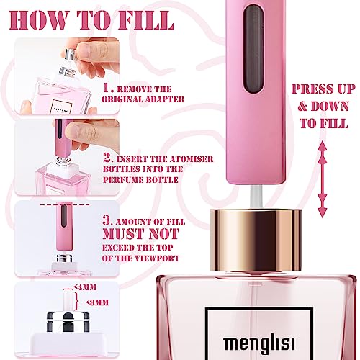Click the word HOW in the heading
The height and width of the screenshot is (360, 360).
coord(39,20)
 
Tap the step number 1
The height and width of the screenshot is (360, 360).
coord(108,88)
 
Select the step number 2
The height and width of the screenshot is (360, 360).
coord(108,158)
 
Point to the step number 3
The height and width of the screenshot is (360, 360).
coord(108,220)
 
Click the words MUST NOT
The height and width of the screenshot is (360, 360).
coord(141,234)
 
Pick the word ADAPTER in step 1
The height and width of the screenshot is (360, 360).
coord(165,99)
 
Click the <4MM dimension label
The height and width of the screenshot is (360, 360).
coord(85,287)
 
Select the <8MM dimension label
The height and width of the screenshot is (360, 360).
coord(97,302)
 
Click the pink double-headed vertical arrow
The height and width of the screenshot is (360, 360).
coord(323,179)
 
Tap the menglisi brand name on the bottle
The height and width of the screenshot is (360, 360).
coord(259,343)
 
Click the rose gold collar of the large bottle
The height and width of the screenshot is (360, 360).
coord(256,240)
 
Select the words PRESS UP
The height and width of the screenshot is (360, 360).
coord(324,89)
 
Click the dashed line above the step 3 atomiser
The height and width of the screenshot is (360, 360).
coord(65,204)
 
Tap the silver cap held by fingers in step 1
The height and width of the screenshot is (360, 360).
coord(71,54)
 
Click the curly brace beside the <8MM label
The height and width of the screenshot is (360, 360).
coord(76,301)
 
